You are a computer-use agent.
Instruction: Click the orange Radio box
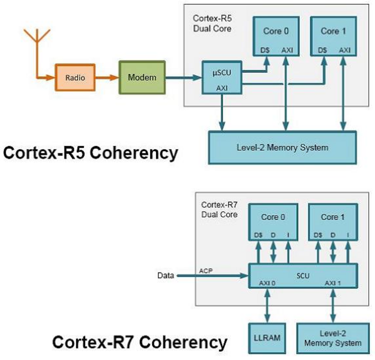pos(75,78)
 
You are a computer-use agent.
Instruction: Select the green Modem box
pos(142,77)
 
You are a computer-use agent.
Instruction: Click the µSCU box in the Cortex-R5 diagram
pos(222,78)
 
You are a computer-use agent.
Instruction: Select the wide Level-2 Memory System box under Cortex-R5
pos(282,147)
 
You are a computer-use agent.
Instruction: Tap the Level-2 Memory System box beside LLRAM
pos(333,338)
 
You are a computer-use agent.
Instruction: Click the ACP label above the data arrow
pos(206,270)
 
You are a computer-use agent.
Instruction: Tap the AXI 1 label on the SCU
pos(333,283)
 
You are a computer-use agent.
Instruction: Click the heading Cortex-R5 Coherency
pos(90,153)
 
